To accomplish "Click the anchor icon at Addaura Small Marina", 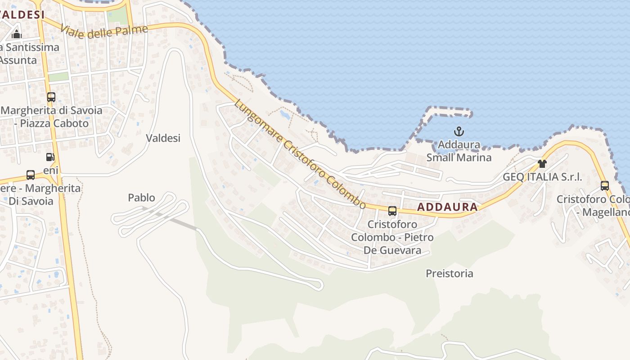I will point(459,132).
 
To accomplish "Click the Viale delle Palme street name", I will point(104,31).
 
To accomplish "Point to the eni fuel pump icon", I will point(50,157).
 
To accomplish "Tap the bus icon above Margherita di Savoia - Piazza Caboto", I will point(51,97).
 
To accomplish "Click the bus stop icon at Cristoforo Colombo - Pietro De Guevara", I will point(392,211).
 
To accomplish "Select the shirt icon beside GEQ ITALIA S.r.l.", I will point(542,164).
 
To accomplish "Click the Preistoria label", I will point(449,274).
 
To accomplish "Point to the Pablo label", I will point(141,198).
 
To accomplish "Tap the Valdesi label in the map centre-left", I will point(163,138).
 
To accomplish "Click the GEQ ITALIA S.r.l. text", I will point(542,177).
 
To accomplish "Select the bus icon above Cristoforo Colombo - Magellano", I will point(605,185).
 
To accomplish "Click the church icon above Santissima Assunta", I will point(17,34).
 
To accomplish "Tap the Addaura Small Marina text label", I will point(459,151).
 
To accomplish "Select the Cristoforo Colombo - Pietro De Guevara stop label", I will point(392,237).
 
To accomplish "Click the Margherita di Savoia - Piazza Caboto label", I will point(51,117).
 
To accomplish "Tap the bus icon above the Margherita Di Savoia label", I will point(31,175).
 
